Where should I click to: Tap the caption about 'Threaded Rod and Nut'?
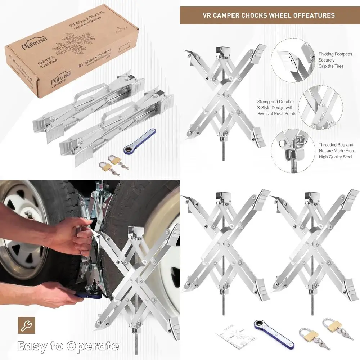point(337,150)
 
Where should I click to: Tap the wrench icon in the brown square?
point(26,325)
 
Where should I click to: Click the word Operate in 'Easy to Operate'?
point(92,346)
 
